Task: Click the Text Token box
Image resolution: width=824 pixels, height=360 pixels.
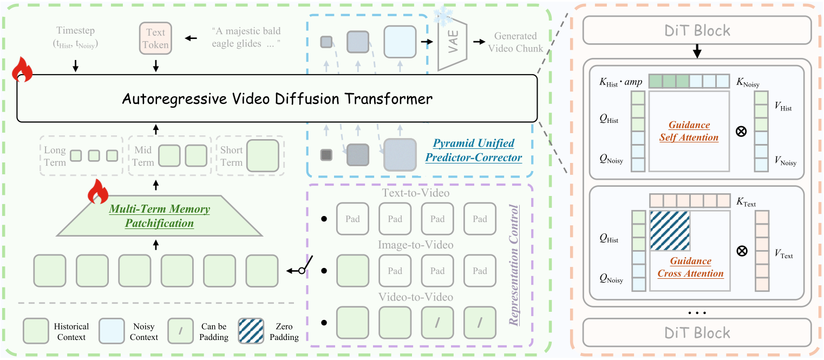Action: (x=156, y=38)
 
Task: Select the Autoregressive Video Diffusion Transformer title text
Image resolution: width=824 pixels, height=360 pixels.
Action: (x=277, y=99)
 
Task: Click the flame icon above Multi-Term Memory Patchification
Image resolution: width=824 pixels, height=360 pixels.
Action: (x=97, y=192)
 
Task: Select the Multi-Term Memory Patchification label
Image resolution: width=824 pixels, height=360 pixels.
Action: (x=159, y=215)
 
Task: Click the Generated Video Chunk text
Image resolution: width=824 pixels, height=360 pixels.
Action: (x=515, y=42)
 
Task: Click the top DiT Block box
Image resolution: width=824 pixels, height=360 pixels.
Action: (x=697, y=30)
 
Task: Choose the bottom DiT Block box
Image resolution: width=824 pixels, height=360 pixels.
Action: (x=697, y=332)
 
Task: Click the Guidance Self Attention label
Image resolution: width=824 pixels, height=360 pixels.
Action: (x=689, y=131)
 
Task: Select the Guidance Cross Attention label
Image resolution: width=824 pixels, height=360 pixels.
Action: (x=690, y=267)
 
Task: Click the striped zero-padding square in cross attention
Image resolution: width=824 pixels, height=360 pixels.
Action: (x=669, y=231)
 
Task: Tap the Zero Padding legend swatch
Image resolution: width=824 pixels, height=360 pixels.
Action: (x=251, y=331)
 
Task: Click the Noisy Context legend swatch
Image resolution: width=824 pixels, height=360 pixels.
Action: (x=114, y=331)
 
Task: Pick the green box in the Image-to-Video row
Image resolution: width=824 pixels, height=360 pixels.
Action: (x=352, y=271)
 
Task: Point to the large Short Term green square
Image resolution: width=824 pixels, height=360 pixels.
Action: (x=263, y=156)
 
